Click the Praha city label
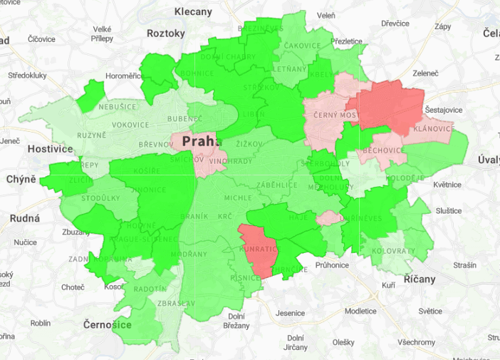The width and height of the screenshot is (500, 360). click(202, 141)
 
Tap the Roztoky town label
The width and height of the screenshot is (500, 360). click(165, 34)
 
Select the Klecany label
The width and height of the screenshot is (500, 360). click(193, 12)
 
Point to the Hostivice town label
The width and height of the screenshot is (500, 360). click(50, 149)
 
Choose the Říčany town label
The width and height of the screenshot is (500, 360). click(419, 279)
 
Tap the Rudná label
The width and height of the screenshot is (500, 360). click(25, 218)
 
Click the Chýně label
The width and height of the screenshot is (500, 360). click(21, 178)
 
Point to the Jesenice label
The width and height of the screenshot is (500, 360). click(290, 313)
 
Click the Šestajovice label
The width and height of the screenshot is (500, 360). click(444, 110)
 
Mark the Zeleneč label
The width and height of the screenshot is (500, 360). click(425, 73)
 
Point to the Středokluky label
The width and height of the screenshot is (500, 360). click(28, 75)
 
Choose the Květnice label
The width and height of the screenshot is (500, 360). click(447, 185)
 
